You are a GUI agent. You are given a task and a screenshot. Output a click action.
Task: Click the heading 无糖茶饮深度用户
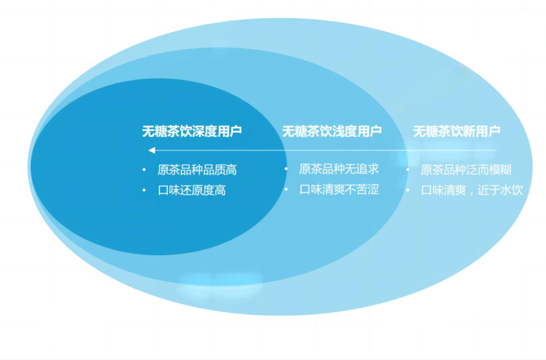(192, 131)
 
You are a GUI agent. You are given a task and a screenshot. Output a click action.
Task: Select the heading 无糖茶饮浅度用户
(332, 131)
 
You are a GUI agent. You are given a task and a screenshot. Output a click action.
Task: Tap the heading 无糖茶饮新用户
(457, 131)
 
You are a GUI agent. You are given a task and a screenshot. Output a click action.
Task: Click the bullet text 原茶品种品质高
(197, 170)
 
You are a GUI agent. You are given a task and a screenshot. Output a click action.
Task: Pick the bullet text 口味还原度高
(192, 191)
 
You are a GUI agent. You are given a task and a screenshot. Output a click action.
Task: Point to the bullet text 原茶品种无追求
(339, 169)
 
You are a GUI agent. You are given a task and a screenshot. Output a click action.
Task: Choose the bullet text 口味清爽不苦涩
(339, 190)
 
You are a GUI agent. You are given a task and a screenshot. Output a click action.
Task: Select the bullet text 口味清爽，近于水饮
(472, 191)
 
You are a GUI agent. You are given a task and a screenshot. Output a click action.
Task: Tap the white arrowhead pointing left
(151, 150)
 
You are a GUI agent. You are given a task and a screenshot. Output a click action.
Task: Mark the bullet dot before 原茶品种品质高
(144, 170)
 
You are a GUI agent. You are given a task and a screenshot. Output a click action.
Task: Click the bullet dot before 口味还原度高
(144, 191)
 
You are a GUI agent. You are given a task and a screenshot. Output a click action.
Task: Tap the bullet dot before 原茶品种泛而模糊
(407, 170)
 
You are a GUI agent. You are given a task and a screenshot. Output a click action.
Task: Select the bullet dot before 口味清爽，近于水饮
(407, 191)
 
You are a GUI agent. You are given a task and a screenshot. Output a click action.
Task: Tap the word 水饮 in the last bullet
(512, 191)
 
